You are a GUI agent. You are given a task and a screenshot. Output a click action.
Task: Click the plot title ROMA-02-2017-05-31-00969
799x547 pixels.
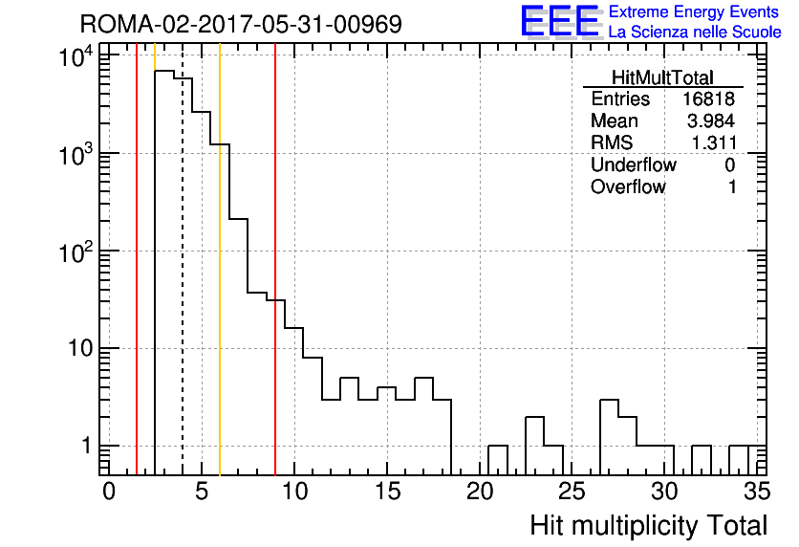(241, 24)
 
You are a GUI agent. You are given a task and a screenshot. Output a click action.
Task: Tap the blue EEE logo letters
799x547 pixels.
(560, 21)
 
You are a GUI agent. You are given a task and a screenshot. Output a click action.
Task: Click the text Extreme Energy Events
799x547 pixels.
(694, 11)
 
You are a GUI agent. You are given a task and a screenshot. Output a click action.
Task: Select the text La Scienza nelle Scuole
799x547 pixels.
(695, 32)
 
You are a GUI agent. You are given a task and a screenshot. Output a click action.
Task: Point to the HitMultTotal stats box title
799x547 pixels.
(662, 77)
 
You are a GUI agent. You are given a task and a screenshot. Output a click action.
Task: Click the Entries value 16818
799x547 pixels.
(708, 98)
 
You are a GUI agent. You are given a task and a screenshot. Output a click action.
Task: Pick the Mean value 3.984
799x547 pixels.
(711, 120)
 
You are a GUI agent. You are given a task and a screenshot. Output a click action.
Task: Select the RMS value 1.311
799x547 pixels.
(714, 142)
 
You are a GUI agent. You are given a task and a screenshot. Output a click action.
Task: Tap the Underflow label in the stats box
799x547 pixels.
(634, 164)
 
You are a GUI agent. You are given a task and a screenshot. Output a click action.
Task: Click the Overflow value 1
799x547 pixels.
(732, 187)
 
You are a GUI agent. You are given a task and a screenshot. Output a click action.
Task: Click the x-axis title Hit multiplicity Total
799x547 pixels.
(649, 526)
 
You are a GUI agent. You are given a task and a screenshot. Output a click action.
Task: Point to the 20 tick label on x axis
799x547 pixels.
(480, 492)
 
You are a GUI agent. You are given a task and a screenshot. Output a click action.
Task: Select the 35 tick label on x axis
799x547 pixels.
(757, 492)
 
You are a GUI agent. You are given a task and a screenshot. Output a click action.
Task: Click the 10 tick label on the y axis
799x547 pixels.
(80, 349)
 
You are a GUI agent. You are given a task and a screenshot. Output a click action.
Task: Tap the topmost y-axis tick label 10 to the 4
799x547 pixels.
(76, 56)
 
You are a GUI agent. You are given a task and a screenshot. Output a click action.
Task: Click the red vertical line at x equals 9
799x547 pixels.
(275, 259)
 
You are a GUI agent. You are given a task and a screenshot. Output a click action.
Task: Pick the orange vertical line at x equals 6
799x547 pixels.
(220, 259)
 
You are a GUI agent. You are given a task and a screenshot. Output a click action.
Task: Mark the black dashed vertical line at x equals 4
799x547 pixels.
(183, 259)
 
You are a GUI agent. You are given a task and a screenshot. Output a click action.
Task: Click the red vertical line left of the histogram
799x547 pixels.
(137, 259)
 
